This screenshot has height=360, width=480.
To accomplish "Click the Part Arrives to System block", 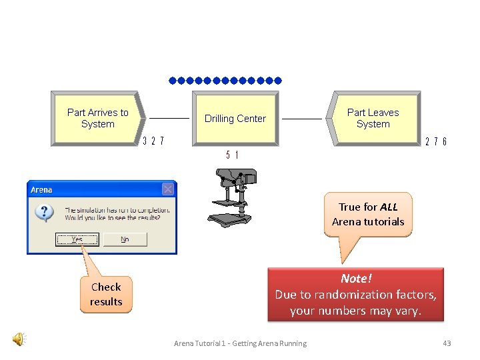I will (x=97, y=118).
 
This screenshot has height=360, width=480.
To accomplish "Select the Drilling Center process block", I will (x=235, y=119).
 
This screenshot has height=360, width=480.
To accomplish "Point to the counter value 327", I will (x=153, y=141).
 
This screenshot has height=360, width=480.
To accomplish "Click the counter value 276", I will (x=435, y=141).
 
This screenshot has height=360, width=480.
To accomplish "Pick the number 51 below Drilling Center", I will (x=233, y=155).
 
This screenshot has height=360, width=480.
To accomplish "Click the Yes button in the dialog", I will (x=77, y=239).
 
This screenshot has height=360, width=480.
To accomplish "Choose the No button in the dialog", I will (x=125, y=239).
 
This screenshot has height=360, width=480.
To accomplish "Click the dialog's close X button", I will (x=168, y=189).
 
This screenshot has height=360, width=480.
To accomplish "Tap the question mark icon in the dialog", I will (x=44, y=213).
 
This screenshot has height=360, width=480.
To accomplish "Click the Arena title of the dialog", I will (x=41, y=190).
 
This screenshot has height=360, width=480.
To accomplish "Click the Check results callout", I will (x=106, y=295).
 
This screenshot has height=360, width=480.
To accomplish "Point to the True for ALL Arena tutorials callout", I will (x=368, y=215).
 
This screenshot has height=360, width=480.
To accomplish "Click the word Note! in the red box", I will (x=355, y=278).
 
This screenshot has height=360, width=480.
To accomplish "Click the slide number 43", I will (x=447, y=343).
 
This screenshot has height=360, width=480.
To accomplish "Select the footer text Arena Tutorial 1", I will (x=240, y=343).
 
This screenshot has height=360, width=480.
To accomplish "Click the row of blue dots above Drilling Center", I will (x=225, y=81).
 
